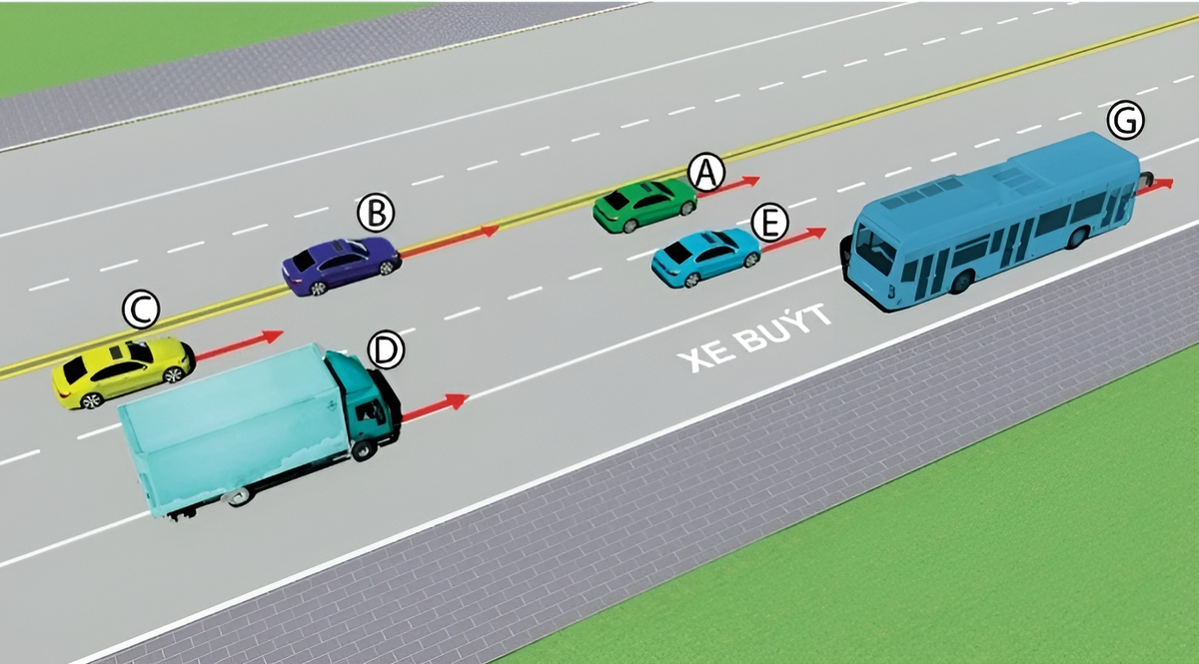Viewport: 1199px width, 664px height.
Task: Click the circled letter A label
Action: (706, 173)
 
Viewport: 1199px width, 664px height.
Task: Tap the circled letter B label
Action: (377, 213)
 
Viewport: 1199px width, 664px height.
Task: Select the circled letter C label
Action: (141, 311)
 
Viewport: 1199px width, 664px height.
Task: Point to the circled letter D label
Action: (386, 349)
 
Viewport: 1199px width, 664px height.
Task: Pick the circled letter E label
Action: (768, 224)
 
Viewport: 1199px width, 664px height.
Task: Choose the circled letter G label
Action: (1126, 121)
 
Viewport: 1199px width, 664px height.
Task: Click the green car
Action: (642, 206)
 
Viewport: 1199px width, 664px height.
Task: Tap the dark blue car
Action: (340, 265)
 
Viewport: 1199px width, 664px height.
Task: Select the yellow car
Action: (122, 370)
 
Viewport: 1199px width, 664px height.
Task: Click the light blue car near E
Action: (705, 257)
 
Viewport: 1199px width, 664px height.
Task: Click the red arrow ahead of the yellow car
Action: (239, 343)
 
